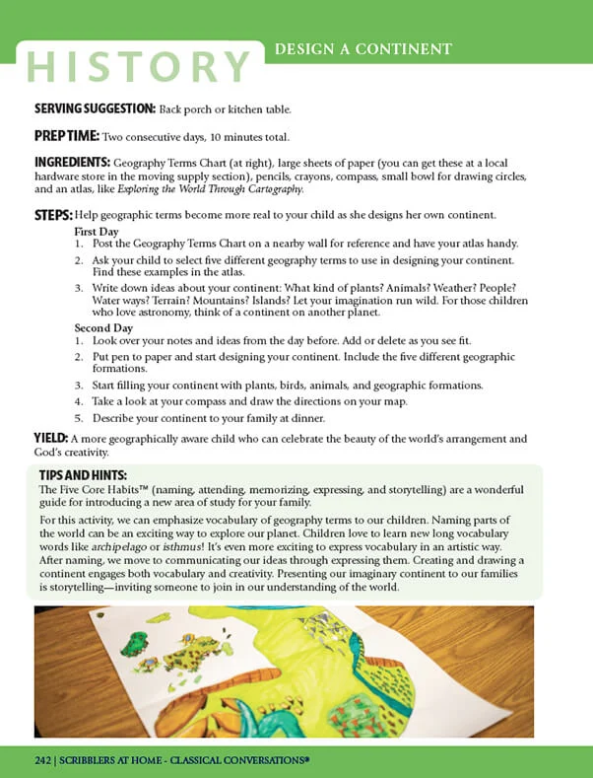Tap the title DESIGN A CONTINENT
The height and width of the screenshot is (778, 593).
pos(363,48)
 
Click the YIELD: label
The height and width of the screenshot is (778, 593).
pos(50,438)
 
